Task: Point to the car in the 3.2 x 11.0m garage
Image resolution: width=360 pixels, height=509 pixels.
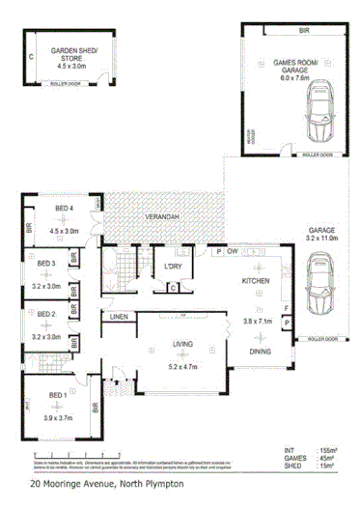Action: [x=317, y=289]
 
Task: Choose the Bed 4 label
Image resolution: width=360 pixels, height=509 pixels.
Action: [x=65, y=210]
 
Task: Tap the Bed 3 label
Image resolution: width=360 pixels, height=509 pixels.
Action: [x=46, y=264]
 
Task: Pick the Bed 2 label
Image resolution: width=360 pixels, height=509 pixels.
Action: [x=46, y=314]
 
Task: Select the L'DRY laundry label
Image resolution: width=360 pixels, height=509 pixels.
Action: [x=174, y=267]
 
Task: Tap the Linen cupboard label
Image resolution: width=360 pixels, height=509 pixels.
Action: [x=119, y=317]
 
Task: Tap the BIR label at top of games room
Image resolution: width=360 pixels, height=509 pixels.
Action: [x=304, y=32]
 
